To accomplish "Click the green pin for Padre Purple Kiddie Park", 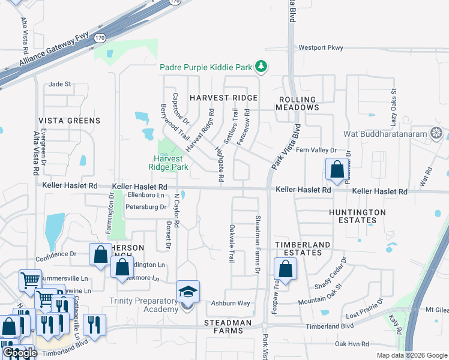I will pos(261,67).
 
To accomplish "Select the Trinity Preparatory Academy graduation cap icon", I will pos(187,292).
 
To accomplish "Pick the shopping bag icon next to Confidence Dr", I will pos(100,254).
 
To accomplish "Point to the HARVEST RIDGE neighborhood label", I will pos(224,97).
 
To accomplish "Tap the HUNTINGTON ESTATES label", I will pos(358,216).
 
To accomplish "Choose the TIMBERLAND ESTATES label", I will pos(303,249).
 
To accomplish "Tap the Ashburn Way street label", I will pos(231,303).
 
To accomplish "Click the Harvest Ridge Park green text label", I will pos(169,163).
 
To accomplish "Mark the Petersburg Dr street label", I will pos(145,207).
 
